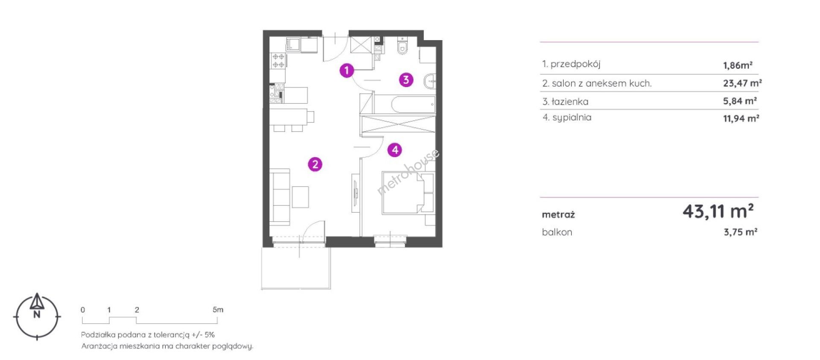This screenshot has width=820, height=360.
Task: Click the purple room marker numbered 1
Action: tap(347, 70)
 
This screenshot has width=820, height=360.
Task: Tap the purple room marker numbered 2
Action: tap(315, 164)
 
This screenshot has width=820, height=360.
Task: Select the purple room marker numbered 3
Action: tap(406, 79)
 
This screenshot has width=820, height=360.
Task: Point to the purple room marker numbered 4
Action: tap(395, 150)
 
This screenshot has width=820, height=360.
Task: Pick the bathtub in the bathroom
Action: tap(413, 104)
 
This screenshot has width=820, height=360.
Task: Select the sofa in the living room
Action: tap(280, 197)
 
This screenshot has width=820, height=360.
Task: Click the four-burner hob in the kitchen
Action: tap(278, 61)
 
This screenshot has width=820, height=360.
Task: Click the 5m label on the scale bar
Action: tap(218, 310)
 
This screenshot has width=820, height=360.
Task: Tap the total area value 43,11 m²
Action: tap(718, 211)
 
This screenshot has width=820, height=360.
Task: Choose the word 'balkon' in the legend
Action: tap(557, 232)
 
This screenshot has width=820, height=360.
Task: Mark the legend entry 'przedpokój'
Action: tap(575, 64)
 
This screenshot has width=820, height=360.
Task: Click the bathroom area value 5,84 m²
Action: tap(740, 101)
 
